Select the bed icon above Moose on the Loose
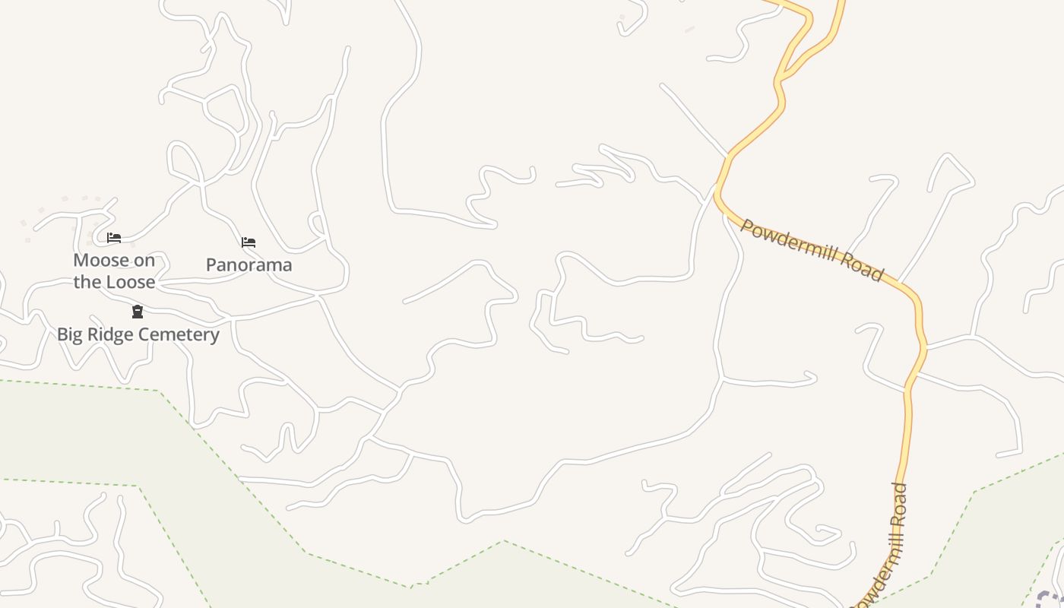[114, 238]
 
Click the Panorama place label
[249, 265]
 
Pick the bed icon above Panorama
[249, 242]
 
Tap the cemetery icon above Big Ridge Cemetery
[138, 312]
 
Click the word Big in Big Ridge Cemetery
[71, 334]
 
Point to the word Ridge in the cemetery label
[109, 334]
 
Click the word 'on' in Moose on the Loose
[144, 261]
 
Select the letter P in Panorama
[211, 265]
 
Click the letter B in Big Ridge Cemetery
[62, 334]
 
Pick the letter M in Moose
[80, 261]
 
